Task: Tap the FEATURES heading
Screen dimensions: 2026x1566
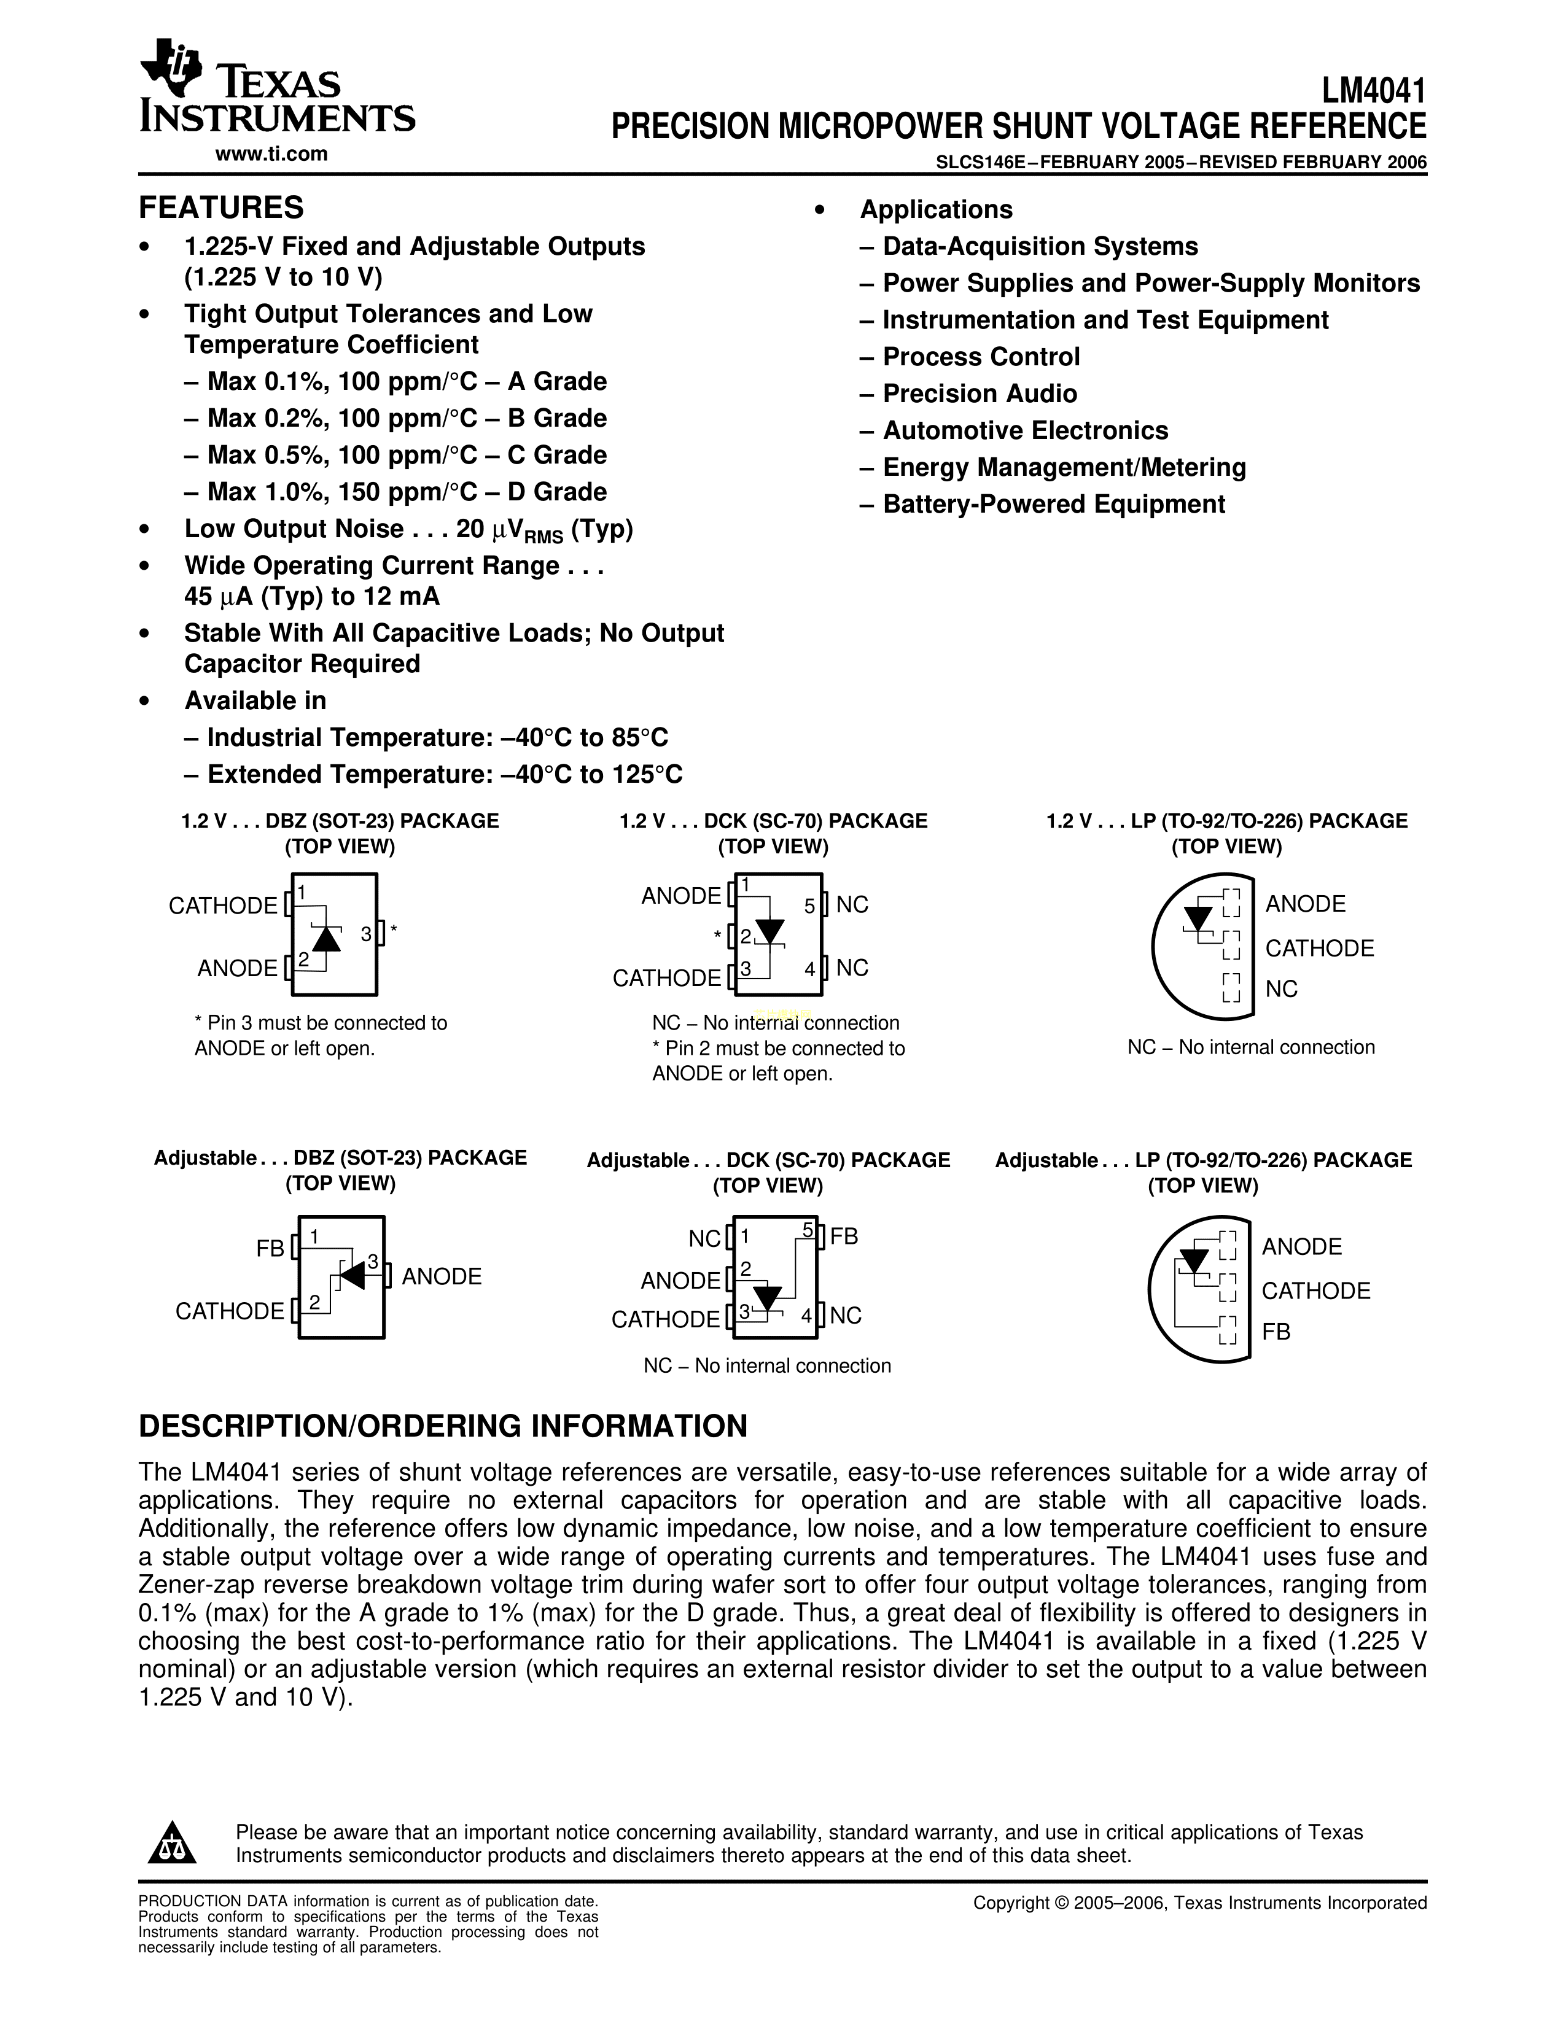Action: pos(221,207)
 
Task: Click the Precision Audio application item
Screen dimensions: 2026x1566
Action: pos(979,394)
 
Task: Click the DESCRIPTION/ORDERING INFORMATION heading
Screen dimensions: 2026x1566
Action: pos(443,1426)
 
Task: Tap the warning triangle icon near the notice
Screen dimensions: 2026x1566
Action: pos(171,1843)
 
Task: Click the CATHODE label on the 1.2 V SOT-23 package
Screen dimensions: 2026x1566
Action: pos(223,906)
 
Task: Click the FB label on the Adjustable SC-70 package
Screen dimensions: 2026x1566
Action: pos(844,1236)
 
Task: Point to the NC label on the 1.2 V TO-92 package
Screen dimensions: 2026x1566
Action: pos(1281,990)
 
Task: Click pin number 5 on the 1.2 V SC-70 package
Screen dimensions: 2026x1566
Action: pos(809,906)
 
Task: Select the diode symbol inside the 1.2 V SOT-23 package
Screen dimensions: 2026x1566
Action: pos(325,939)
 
